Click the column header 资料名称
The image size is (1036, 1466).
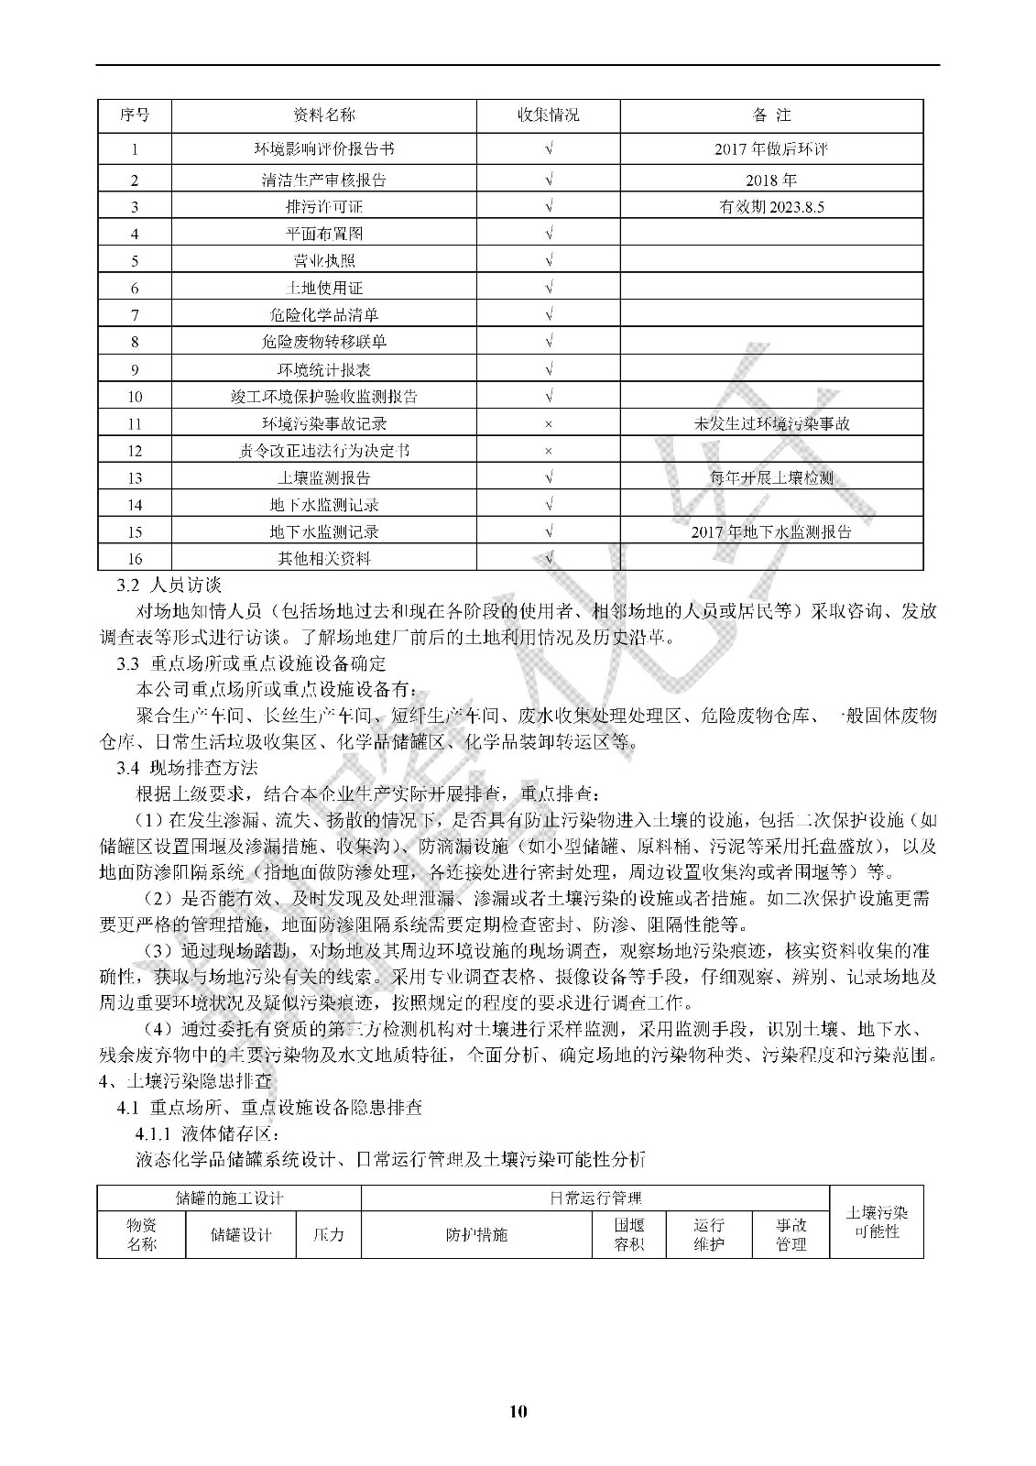pyautogui.click(x=323, y=115)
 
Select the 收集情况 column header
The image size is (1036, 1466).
pyautogui.click(x=548, y=115)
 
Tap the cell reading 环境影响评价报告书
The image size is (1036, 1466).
pyautogui.click(x=323, y=148)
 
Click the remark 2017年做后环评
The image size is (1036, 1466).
pyautogui.click(x=771, y=148)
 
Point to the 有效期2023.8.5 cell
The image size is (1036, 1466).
pyautogui.click(x=771, y=207)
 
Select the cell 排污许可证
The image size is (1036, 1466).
pyautogui.click(x=323, y=207)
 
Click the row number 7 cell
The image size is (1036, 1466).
pyautogui.click(x=135, y=315)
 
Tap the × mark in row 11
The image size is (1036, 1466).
pyautogui.click(x=548, y=424)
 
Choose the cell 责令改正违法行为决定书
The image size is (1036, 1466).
pyautogui.click(x=323, y=451)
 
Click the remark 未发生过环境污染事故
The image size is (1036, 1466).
pyautogui.click(x=771, y=424)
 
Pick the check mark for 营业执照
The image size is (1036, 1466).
pyautogui.click(x=548, y=261)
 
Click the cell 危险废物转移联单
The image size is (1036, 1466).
pyautogui.click(x=323, y=342)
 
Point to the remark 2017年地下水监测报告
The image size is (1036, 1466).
pyautogui.click(x=771, y=531)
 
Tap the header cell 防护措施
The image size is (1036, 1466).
pyautogui.click(x=476, y=1234)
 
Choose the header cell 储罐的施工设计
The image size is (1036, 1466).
pyautogui.click(x=229, y=1198)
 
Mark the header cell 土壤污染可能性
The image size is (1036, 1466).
pyautogui.click(x=876, y=1222)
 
